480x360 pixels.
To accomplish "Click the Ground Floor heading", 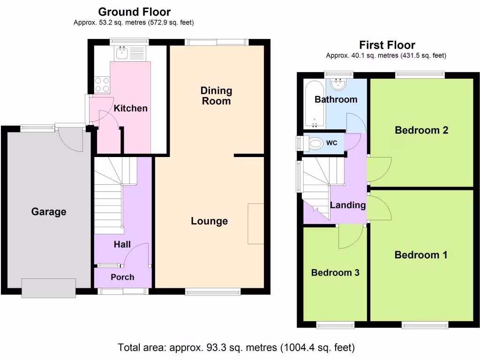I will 134,12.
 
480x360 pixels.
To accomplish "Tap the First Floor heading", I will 387,45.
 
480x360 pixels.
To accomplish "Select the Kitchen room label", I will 131,108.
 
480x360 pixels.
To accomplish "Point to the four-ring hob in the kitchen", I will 103,84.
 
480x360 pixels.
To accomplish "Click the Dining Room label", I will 216,95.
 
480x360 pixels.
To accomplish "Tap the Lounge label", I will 209,221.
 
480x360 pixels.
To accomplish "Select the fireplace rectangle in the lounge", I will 256,224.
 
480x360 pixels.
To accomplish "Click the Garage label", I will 49,212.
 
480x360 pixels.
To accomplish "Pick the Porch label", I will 122,277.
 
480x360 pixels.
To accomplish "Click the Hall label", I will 122,244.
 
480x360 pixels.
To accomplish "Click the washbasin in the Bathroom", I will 337,84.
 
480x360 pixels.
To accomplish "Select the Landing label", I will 348,205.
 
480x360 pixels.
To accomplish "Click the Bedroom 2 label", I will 421,130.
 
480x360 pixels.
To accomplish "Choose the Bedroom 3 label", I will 335,272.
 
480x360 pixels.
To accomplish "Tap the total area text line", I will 236,348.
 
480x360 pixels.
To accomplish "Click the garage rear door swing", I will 72,139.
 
